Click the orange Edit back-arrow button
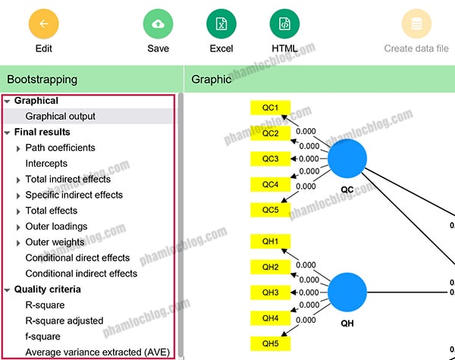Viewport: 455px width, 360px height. pos(44,23)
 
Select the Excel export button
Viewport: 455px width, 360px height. pos(221,23)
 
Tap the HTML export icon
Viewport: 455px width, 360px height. pos(284,23)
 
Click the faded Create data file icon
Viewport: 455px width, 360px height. pos(416,23)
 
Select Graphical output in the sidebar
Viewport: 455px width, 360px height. pos(61,116)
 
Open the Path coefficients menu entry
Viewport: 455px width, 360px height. pos(61,148)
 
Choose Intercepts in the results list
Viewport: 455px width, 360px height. pos(46,163)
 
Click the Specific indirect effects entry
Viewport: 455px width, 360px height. pos(74,195)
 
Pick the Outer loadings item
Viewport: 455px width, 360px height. pos(56,227)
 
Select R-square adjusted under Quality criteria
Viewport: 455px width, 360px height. pos(64,321)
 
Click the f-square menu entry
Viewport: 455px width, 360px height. pos(43,337)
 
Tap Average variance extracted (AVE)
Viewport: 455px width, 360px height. pos(98,352)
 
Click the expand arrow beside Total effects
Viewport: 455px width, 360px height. pos(18,211)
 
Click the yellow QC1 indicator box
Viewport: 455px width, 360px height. pos(271,108)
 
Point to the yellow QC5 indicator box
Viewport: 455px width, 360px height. pos(271,210)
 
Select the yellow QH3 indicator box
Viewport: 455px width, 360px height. pos(271,293)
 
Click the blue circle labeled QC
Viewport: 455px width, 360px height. pos(347,158)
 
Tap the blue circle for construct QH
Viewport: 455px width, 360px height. pos(347,292)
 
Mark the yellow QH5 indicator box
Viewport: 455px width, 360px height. pos(271,343)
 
